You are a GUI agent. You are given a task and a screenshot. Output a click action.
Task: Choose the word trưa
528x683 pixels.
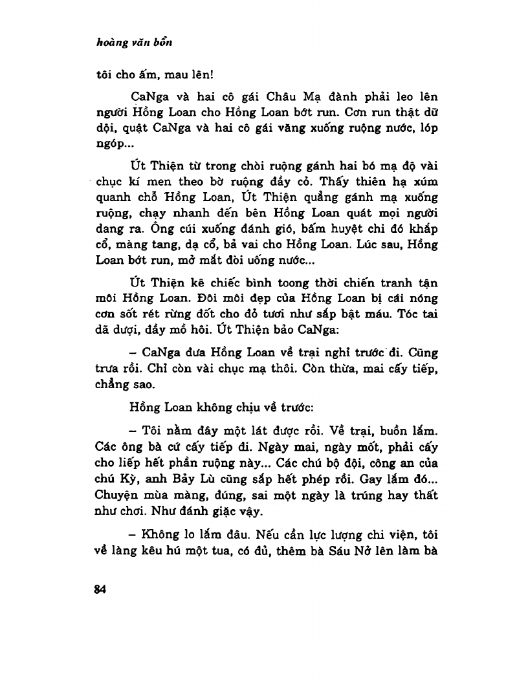coord(108,385)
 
